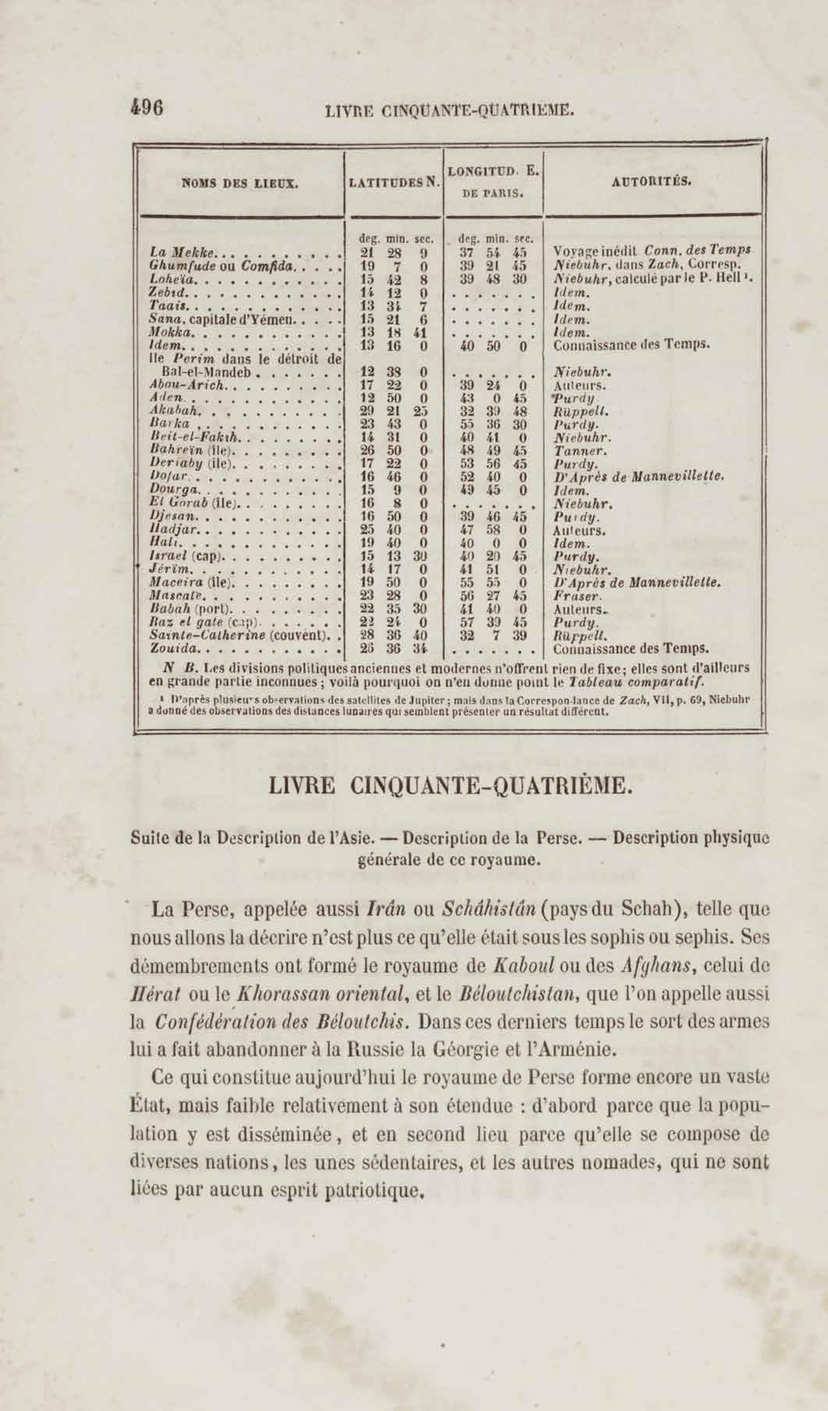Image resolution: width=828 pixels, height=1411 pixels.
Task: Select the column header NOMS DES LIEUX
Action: [240, 183]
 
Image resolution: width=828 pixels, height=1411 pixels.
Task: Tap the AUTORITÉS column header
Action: [652, 181]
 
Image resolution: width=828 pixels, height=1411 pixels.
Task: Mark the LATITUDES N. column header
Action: [394, 182]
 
